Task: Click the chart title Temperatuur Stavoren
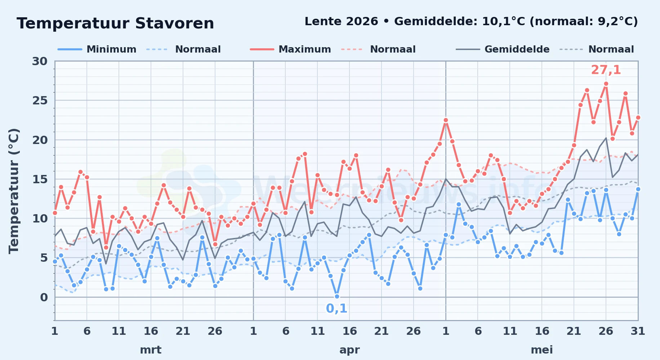coord(115,24)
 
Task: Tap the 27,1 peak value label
coord(606,70)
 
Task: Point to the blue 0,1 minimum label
coord(336,309)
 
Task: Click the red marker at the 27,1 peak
coord(606,84)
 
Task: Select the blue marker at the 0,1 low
coord(337,296)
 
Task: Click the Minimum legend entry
coord(97,49)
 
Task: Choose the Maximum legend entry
coord(290,49)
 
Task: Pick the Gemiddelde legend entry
coord(503,49)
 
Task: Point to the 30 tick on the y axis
coord(40,61)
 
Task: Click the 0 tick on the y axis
coord(44,297)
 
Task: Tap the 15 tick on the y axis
coord(40,179)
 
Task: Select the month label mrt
coord(151,350)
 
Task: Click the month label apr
coord(349,350)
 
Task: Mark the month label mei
coord(542,350)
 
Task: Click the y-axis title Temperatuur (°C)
coord(14,191)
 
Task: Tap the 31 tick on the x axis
coord(638,331)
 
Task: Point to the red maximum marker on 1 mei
coord(446,120)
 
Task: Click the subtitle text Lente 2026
coord(341,22)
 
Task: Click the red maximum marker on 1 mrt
coord(55,213)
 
